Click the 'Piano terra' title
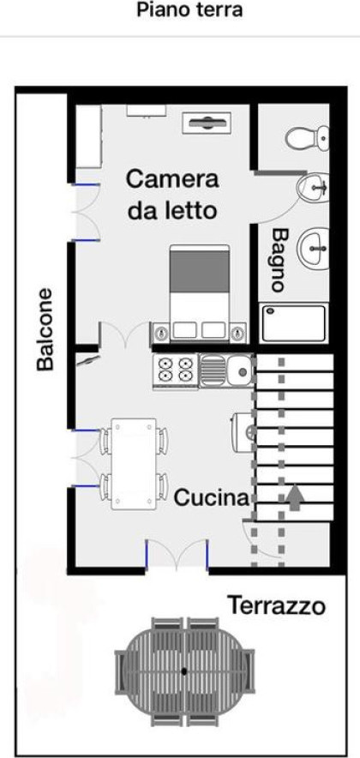pos(189,9)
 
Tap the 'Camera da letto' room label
pos(172,195)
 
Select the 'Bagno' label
pos(278,260)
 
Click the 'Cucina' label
pos(211,497)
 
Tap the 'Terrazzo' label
pos(276,605)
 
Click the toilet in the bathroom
pos(307,139)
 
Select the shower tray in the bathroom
pos(294,322)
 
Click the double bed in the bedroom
pos(199,293)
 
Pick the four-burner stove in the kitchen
pos(176,370)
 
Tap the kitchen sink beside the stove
pos(226,370)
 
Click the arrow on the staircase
pos(295,498)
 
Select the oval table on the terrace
pos(184,671)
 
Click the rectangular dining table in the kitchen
pos(134,464)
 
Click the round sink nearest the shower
pos(314,247)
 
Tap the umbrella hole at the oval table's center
pos(184,671)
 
